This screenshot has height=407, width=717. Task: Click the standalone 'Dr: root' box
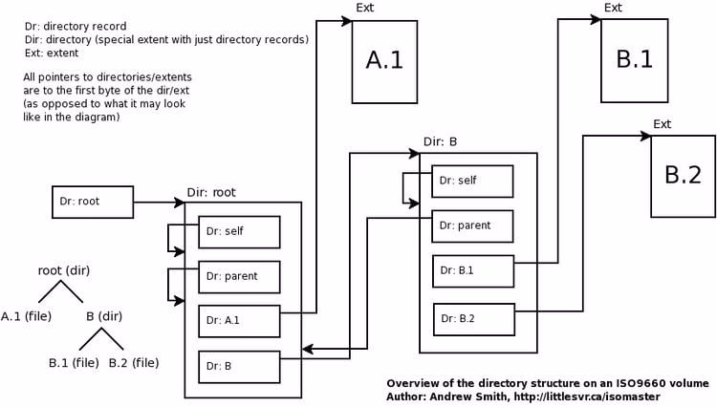[91, 202]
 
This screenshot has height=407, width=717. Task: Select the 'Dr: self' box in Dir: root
[239, 231]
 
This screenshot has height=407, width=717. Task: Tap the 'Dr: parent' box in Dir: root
[239, 277]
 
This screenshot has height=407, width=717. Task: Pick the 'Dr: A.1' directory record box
[239, 320]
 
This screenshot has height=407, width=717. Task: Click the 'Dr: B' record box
[239, 366]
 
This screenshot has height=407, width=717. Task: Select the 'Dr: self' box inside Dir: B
[472, 181]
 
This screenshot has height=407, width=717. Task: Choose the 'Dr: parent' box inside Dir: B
[472, 225]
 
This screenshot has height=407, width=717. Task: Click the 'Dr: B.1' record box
[472, 270]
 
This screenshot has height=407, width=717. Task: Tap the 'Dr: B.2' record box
[474, 318]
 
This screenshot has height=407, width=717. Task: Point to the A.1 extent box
[384, 61]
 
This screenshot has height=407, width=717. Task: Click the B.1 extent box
[634, 59]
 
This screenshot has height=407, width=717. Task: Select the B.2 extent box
[683, 175]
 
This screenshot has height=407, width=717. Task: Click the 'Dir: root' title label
[211, 192]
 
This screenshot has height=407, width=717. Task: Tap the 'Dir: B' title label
[440, 142]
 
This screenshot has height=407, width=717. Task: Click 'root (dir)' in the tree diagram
[64, 270]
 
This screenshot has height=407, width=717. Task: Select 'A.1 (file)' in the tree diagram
[26, 316]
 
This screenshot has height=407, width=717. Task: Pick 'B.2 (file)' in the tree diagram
[134, 362]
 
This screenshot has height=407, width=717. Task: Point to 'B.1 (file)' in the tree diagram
[74, 362]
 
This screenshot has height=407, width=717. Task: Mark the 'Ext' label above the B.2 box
[662, 124]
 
